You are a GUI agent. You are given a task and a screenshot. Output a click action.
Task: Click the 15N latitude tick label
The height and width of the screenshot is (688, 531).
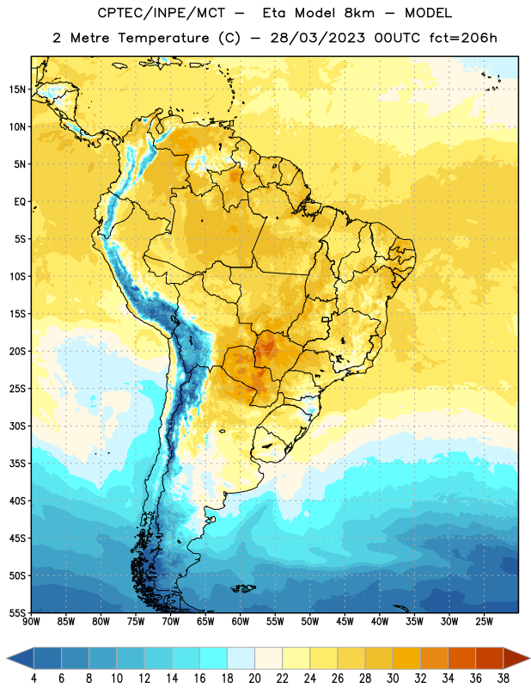pyautogui.click(x=17, y=89)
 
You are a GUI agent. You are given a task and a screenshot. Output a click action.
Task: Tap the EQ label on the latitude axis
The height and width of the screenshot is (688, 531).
pyautogui.click(x=20, y=202)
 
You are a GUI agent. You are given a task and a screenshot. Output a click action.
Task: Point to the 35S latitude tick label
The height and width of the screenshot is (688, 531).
pyautogui.click(x=17, y=464)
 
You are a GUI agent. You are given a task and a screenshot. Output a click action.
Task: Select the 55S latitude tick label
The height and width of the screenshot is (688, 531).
pyautogui.click(x=17, y=612)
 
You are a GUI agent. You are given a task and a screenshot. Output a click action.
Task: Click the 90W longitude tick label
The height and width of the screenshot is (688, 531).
pyautogui.click(x=31, y=622)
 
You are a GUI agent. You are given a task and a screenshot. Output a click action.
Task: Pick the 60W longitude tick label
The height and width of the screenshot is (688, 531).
pyautogui.click(x=241, y=622)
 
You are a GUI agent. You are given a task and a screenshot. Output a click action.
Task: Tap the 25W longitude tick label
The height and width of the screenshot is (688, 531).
pyautogui.click(x=484, y=622)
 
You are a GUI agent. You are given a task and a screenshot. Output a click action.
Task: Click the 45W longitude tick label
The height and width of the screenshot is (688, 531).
pyautogui.click(x=345, y=622)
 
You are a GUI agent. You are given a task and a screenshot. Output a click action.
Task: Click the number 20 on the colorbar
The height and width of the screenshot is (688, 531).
pyautogui.click(x=254, y=679)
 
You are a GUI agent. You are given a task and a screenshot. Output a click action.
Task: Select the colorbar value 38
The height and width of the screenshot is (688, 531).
pyautogui.click(x=504, y=679)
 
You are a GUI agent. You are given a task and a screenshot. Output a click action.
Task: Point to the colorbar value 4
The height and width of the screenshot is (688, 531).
pyautogui.click(x=34, y=679)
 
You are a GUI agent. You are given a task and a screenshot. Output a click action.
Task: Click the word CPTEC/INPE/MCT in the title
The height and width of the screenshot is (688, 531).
pyautogui.click(x=162, y=13)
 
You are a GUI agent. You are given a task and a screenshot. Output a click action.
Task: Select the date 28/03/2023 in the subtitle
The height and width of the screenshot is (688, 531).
pyautogui.click(x=317, y=38)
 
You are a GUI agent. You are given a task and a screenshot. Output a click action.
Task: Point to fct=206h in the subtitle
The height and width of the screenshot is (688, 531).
pyautogui.click(x=463, y=38)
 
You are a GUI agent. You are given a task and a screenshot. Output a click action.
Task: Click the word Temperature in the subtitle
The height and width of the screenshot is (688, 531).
pyautogui.click(x=163, y=38)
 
